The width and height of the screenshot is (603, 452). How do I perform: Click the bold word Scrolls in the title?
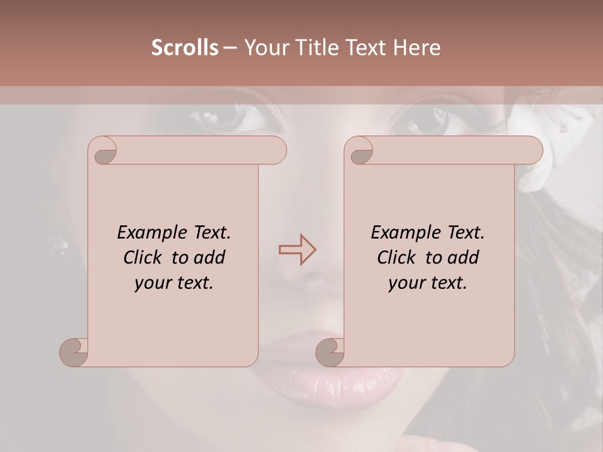185,48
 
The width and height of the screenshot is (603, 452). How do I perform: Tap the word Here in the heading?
418,48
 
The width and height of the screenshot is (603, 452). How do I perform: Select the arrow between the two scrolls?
298,249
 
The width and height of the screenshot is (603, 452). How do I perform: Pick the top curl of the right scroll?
360,151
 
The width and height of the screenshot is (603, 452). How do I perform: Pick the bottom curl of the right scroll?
330,352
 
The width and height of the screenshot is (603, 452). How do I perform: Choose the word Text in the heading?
369,48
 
